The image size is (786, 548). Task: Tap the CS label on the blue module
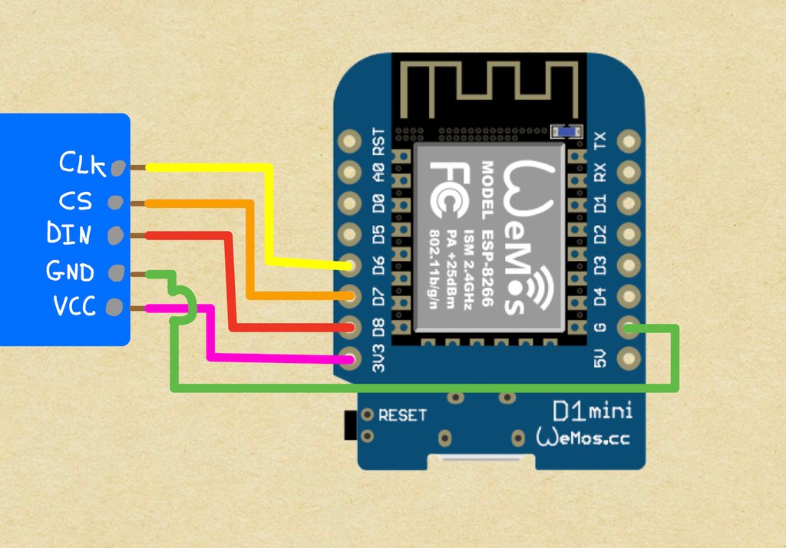click(75, 201)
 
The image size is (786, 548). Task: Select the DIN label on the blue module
click(69, 233)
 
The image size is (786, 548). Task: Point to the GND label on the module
click(71, 271)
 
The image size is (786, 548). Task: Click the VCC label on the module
click(74, 307)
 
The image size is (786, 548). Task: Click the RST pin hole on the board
click(351, 141)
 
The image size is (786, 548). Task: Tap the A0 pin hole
click(351, 172)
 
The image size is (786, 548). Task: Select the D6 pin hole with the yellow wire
click(351, 265)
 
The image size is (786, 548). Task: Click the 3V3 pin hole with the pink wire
click(351, 358)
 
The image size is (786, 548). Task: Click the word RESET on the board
click(402, 416)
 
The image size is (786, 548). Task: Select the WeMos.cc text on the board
click(584, 437)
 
